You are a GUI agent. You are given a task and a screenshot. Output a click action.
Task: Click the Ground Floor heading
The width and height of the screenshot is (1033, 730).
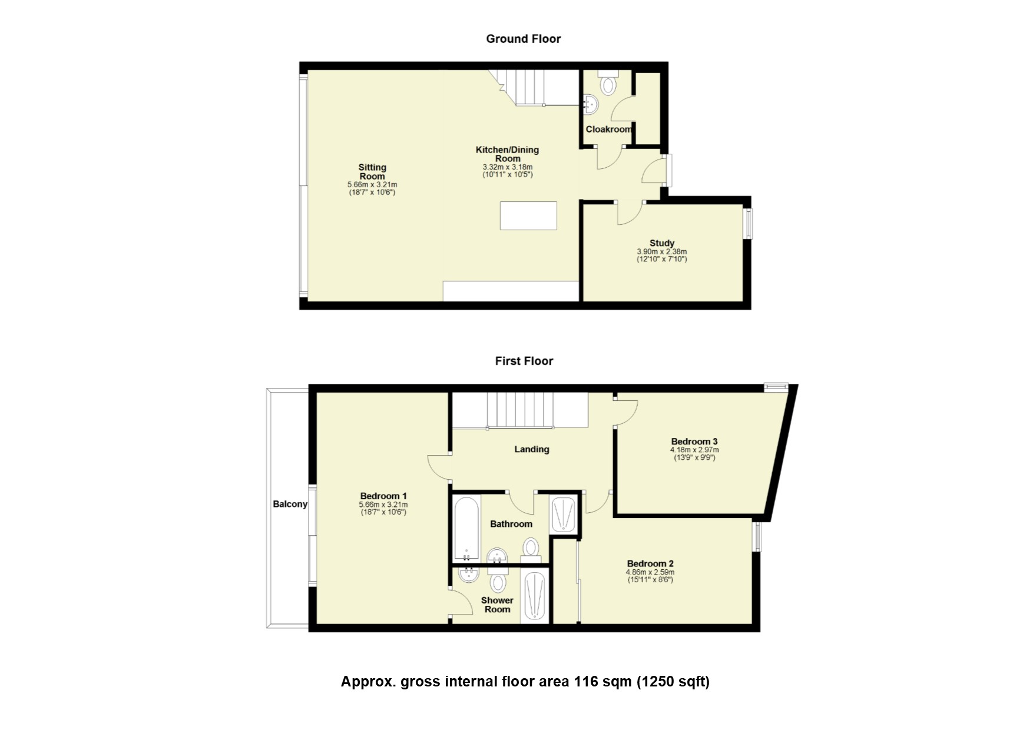pos(523,39)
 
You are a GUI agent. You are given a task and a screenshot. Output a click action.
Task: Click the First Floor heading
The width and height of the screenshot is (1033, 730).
pos(524,361)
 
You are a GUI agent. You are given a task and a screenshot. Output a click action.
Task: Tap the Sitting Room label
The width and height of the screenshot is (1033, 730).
pos(372,172)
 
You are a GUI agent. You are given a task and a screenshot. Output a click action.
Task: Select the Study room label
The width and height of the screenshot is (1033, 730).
pos(662,243)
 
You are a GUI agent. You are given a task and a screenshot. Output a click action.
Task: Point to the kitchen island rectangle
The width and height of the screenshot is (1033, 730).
pos(528,215)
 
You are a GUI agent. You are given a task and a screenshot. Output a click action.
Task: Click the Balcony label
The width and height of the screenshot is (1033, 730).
pos(290,504)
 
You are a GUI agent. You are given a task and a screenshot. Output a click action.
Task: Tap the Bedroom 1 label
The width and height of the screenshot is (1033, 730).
pos(383,496)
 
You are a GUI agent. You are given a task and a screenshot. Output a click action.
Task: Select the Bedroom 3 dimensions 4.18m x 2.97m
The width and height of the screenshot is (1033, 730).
pos(694,450)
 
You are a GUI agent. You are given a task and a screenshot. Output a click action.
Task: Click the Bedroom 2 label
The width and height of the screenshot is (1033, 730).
pos(650,563)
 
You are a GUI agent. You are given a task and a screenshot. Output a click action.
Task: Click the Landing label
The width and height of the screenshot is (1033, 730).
pos(532,449)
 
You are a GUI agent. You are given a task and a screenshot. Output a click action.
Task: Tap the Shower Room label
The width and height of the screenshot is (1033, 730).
pos(497,605)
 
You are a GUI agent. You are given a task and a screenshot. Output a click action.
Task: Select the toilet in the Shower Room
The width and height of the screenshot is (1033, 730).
pos(499,583)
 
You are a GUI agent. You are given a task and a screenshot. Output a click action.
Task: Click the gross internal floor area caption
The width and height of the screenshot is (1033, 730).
pos(525,682)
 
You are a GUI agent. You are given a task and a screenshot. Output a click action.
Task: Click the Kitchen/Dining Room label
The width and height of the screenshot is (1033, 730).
pos(508,154)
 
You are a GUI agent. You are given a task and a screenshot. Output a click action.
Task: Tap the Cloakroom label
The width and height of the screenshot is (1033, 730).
pos(608,130)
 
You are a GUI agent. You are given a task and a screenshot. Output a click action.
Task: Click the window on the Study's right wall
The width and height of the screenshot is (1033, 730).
pos(749,224)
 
